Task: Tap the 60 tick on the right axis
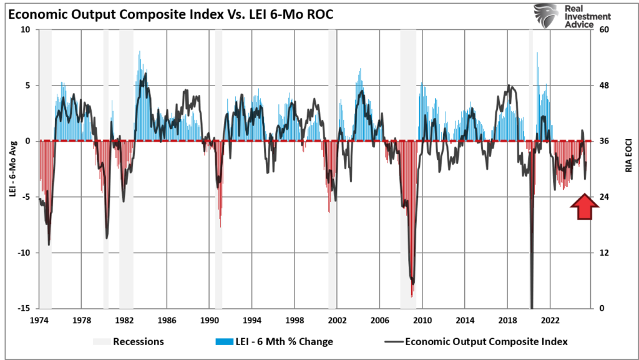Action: pos(605,30)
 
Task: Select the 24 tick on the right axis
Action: pos(605,197)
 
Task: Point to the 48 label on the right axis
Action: pos(605,85)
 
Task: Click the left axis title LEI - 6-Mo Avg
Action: pos(11,169)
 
